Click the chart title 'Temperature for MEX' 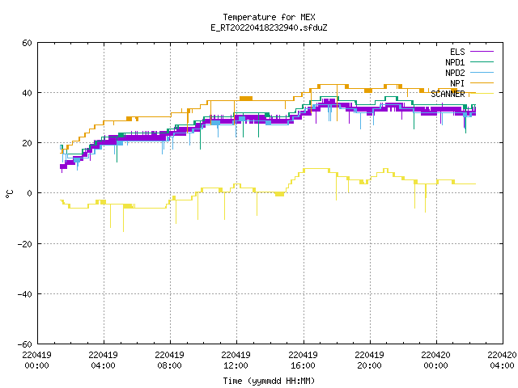click(269, 17)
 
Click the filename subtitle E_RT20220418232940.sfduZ click(269, 27)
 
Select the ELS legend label click(457, 52)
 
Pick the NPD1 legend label click(455, 62)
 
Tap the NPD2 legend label click(455, 73)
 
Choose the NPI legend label click(457, 83)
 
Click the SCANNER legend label click(448, 94)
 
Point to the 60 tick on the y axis click(27, 43)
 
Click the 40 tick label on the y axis click(27, 93)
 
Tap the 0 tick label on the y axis click(30, 193)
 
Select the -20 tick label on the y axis click(25, 244)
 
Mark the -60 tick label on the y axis click(25, 344)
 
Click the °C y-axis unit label click(10, 194)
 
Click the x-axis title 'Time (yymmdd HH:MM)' click(269, 381)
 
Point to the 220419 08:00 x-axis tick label click(169, 361)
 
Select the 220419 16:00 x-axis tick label click(303, 361)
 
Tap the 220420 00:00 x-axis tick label click(435, 361)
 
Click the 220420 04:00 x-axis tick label click(502, 361)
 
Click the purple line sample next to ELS click(482, 52)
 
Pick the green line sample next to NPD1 click(482, 62)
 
